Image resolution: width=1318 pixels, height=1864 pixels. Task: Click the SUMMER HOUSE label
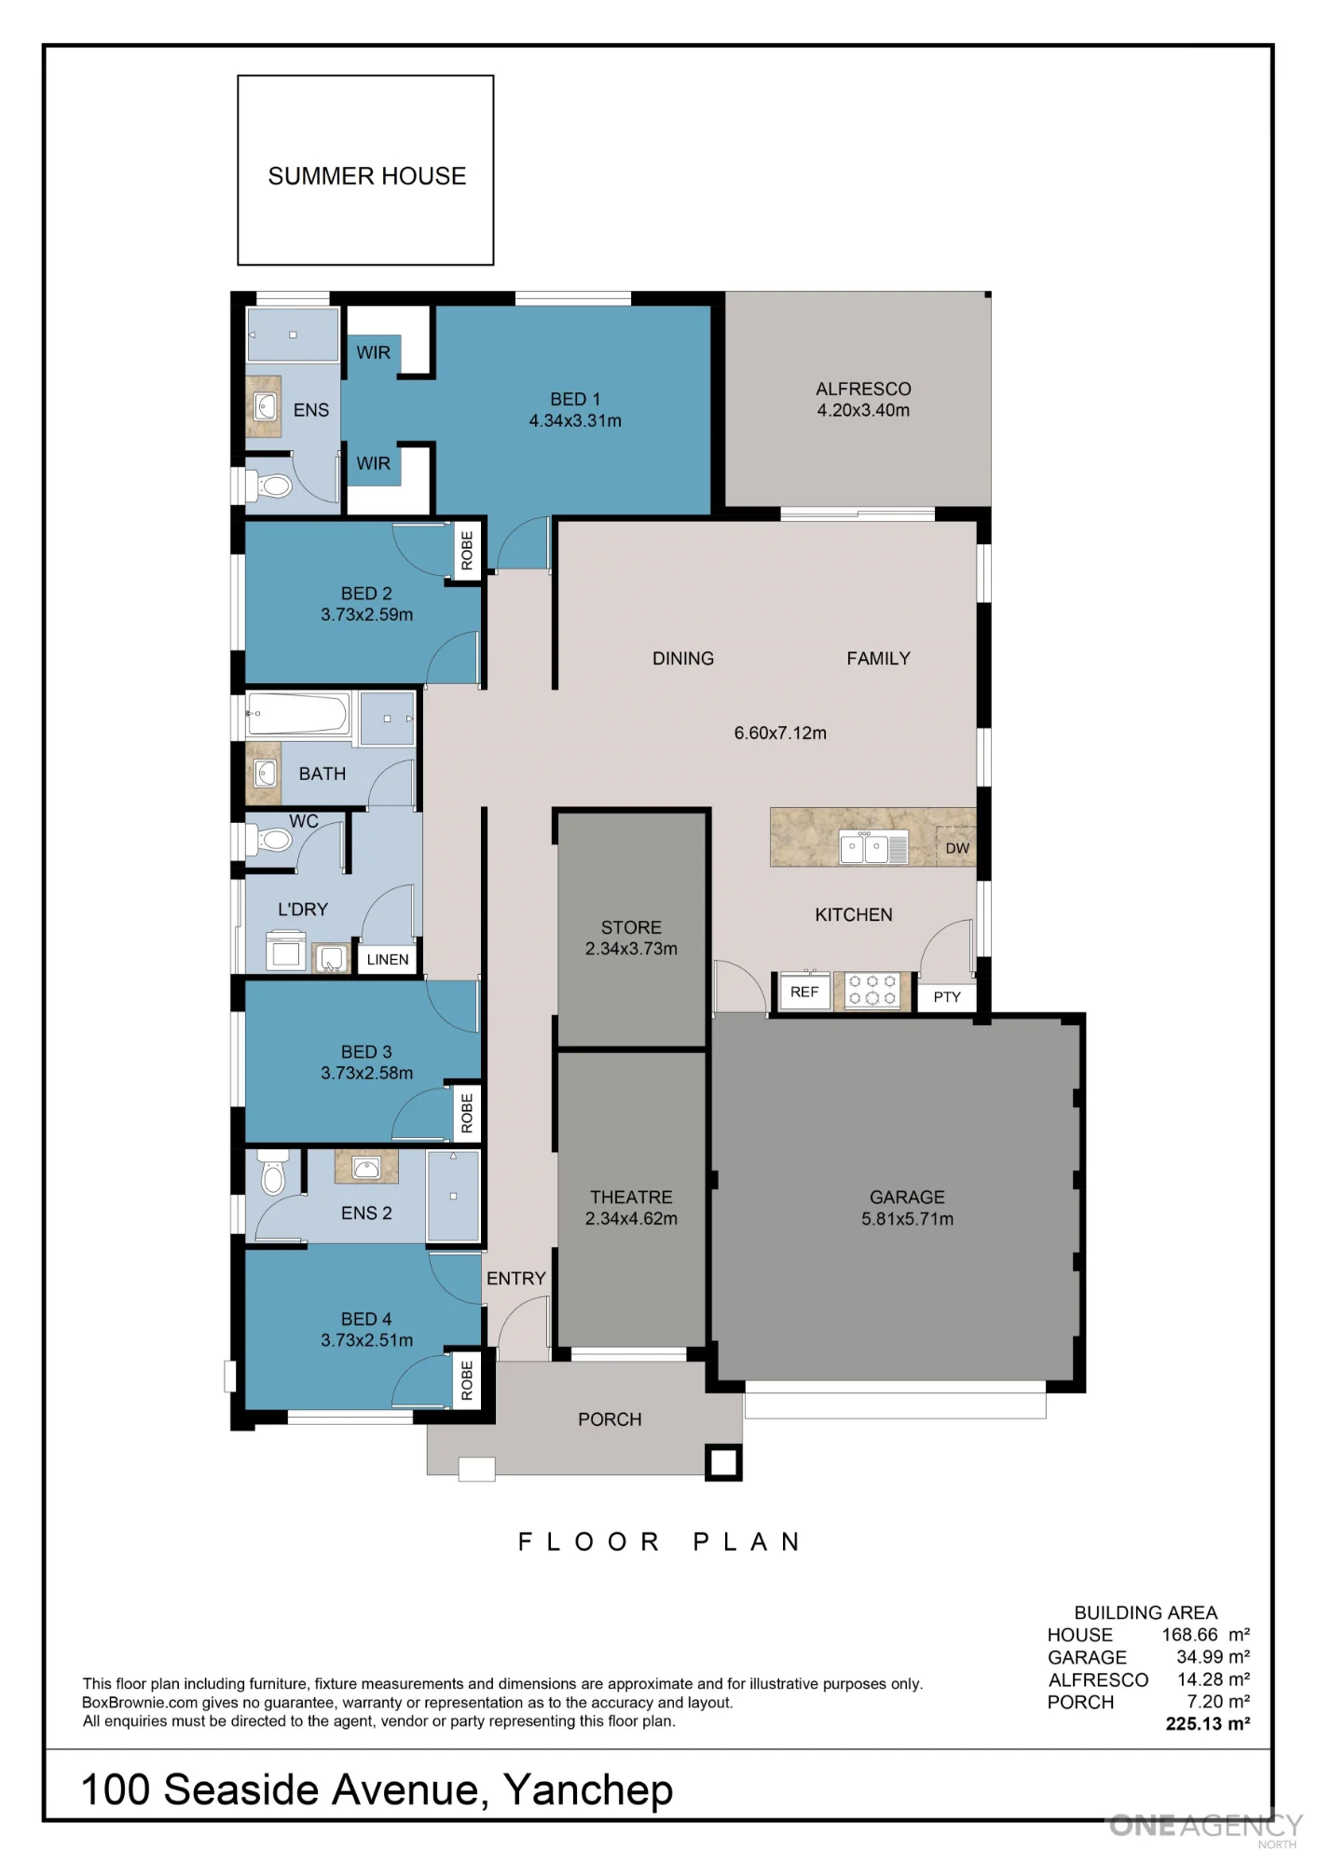[x=366, y=176]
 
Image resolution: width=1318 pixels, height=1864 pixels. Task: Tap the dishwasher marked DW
[x=956, y=846]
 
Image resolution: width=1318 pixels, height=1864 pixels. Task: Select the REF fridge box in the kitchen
[x=804, y=992]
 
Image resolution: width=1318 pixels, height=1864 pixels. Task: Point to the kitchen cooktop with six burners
[x=872, y=991]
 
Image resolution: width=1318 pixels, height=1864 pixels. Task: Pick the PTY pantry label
[x=947, y=997]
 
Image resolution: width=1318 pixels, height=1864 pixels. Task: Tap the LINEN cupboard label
[x=388, y=959]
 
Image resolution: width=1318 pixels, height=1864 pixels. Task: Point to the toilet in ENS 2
[x=272, y=1172]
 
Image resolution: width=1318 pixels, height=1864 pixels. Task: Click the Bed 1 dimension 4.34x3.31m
[x=575, y=420]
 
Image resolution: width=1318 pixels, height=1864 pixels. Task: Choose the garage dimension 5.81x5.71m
[x=907, y=1219]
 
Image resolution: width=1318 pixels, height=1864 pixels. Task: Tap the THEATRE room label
[x=631, y=1197]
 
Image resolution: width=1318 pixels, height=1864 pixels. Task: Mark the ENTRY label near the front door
[x=515, y=1279]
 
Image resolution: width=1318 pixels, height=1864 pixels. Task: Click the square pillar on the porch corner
[x=723, y=1462]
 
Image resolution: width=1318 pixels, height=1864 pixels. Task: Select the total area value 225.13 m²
[x=1207, y=1724]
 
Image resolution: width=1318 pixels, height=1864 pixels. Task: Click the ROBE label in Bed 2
[x=467, y=551]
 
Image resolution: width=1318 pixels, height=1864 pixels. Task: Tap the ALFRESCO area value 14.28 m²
[x=1213, y=1679]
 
